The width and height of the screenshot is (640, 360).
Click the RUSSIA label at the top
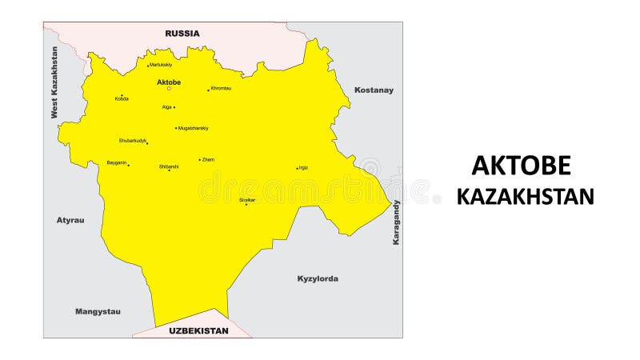(x=182, y=34)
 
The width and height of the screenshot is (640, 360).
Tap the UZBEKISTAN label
(x=198, y=330)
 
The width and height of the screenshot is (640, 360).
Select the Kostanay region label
(x=374, y=90)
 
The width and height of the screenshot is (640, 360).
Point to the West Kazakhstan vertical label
(x=54, y=82)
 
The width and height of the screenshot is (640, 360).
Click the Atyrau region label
(x=70, y=219)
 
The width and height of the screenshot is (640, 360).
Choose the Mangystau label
(x=98, y=311)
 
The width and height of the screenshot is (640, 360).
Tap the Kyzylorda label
(x=318, y=278)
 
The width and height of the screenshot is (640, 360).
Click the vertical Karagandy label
(x=395, y=222)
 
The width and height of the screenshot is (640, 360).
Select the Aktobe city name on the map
(x=169, y=82)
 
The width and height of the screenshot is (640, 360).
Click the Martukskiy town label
(x=161, y=65)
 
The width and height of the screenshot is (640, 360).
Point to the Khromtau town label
(x=221, y=88)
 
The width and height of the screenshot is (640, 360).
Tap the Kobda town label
(x=122, y=99)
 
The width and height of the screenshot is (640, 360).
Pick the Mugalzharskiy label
(x=194, y=128)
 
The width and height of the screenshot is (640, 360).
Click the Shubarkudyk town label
(x=133, y=140)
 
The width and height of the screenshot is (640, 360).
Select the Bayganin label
(x=117, y=162)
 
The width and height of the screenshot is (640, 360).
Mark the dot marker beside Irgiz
(x=297, y=168)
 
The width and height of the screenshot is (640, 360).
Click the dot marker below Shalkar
(x=246, y=204)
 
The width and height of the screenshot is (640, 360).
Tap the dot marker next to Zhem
(x=199, y=160)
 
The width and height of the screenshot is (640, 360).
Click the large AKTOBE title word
(x=521, y=165)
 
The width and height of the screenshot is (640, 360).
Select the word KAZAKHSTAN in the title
(x=526, y=197)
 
